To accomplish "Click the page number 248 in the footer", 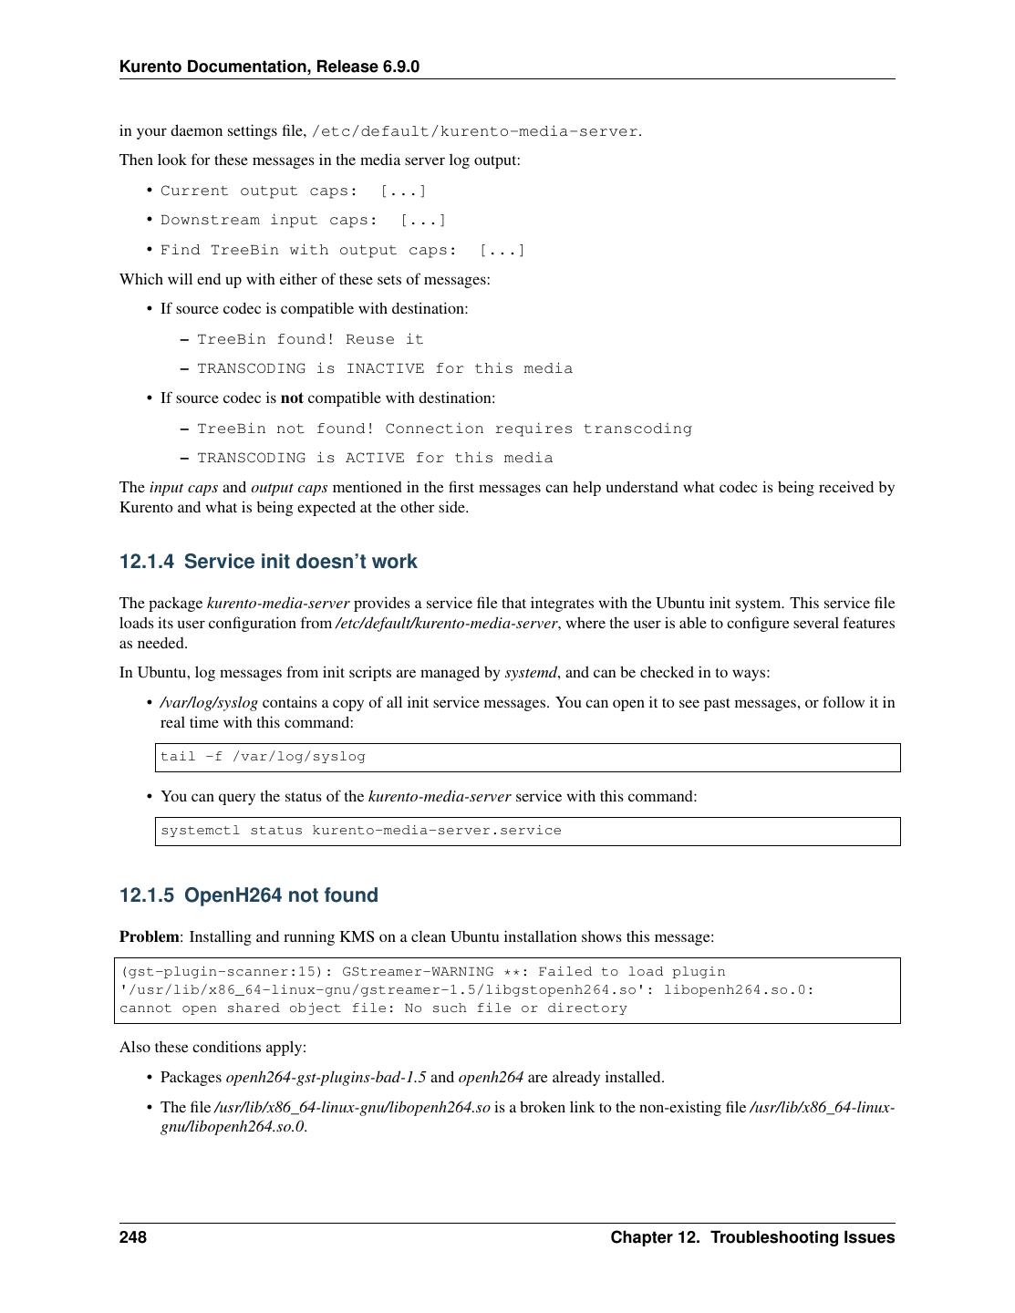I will click(133, 1237).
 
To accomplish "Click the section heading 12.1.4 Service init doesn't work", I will click(268, 562).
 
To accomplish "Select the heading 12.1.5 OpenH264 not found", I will click(248, 895).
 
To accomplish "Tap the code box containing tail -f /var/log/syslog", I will click(527, 757).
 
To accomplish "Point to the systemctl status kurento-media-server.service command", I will click(361, 831).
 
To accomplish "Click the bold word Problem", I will click(150, 936).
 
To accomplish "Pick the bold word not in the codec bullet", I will click(292, 398).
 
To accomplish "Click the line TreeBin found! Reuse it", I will click(310, 339).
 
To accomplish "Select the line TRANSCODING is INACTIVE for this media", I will click(385, 368).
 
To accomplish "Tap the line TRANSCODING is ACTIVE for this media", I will click(375, 458).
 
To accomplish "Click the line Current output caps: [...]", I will click(294, 191).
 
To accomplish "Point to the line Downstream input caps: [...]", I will click(304, 220).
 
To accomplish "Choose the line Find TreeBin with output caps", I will click(343, 250).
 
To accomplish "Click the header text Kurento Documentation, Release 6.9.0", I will click(269, 67).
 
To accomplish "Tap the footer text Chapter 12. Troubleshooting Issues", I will click(752, 1237).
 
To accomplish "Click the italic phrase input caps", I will click(183, 488).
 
